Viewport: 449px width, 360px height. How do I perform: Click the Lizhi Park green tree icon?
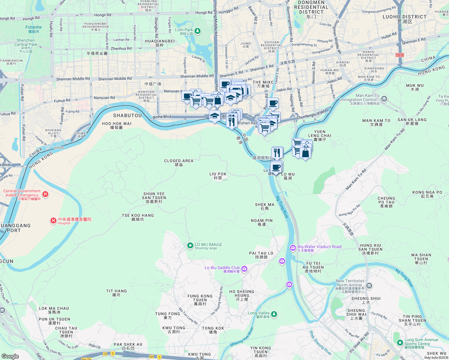pos(197,31)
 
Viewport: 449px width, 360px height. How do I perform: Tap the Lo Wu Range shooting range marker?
pos(190,246)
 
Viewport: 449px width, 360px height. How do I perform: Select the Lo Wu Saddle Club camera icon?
pos(244,269)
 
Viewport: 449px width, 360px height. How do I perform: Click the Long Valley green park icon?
pos(274,314)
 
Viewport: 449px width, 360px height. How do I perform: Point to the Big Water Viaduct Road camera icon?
pos(293,247)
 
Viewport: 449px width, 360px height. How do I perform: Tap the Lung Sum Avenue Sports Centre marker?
pos(400,342)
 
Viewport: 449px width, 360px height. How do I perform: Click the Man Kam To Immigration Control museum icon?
pos(384,99)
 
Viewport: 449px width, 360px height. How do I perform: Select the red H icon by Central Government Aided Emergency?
pos(45,194)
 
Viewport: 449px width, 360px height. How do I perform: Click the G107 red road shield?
pos(399,55)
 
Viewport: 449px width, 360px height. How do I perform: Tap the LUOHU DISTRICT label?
pos(404,17)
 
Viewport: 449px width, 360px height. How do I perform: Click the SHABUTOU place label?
pos(127,115)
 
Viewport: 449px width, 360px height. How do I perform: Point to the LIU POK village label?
pos(218,174)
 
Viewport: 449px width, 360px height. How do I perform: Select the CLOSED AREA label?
pos(179,161)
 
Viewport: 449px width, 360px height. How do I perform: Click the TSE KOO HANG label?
pos(138,215)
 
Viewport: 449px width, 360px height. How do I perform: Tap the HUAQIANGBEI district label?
pos(160,41)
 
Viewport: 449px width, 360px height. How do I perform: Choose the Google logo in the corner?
pos(10,356)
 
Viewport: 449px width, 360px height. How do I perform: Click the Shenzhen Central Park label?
pos(26,43)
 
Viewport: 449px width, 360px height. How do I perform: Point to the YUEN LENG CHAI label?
pos(320,133)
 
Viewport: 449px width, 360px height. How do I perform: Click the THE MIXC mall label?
pos(263,82)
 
